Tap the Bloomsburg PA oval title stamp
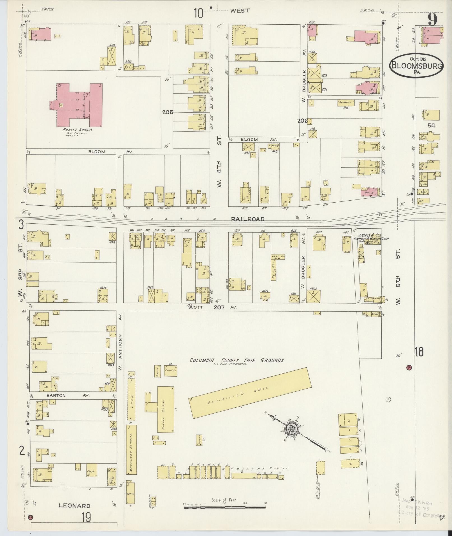[x=416, y=66]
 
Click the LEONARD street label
[x=75, y=506]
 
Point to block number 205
[x=168, y=112]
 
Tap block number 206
[x=303, y=121]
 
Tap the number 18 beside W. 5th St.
[x=419, y=352]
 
